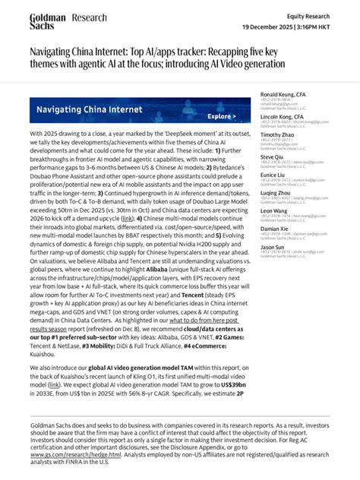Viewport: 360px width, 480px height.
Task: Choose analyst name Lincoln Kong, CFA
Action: (278, 117)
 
